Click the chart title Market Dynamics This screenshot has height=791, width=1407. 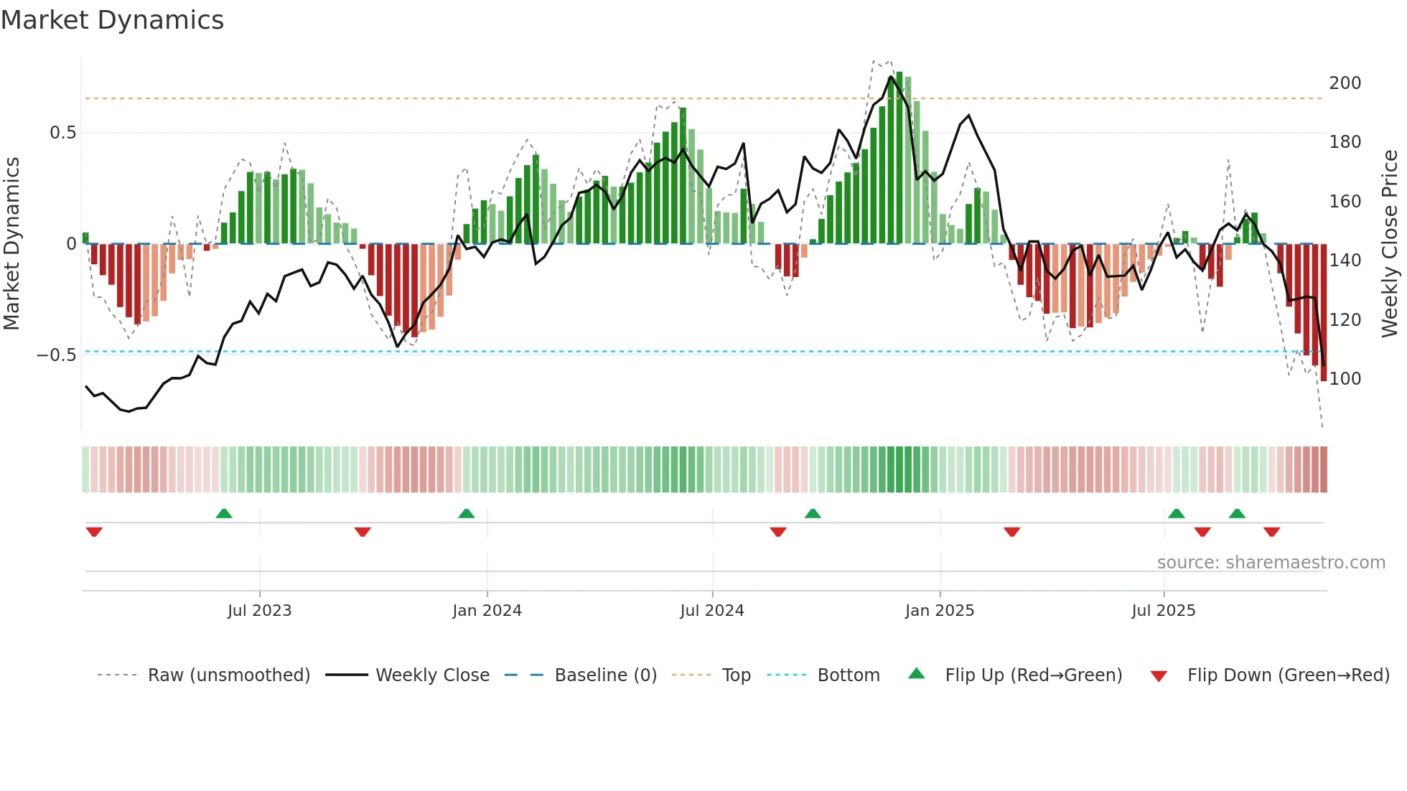pos(112,20)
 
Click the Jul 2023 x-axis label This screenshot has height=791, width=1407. pos(259,611)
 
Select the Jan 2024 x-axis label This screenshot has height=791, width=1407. pos(487,611)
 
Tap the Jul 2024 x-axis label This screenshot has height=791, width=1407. pos(711,611)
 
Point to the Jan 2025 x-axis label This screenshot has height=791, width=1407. pos(939,611)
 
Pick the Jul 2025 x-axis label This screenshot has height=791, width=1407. pos(1163,611)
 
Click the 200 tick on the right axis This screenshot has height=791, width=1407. pos(1345,83)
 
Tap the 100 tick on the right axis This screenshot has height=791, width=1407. pos(1345,379)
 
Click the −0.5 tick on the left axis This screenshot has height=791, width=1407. pos(56,355)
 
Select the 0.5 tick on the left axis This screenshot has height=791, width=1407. pos(62,133)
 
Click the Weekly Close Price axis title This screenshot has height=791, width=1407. pos(1390,244)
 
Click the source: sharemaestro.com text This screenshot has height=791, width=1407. pos(1271,563)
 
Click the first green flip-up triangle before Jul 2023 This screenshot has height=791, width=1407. pos(224,513)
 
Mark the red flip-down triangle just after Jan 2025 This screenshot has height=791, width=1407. pos(1011,532)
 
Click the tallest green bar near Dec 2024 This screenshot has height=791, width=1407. pos(899,158)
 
